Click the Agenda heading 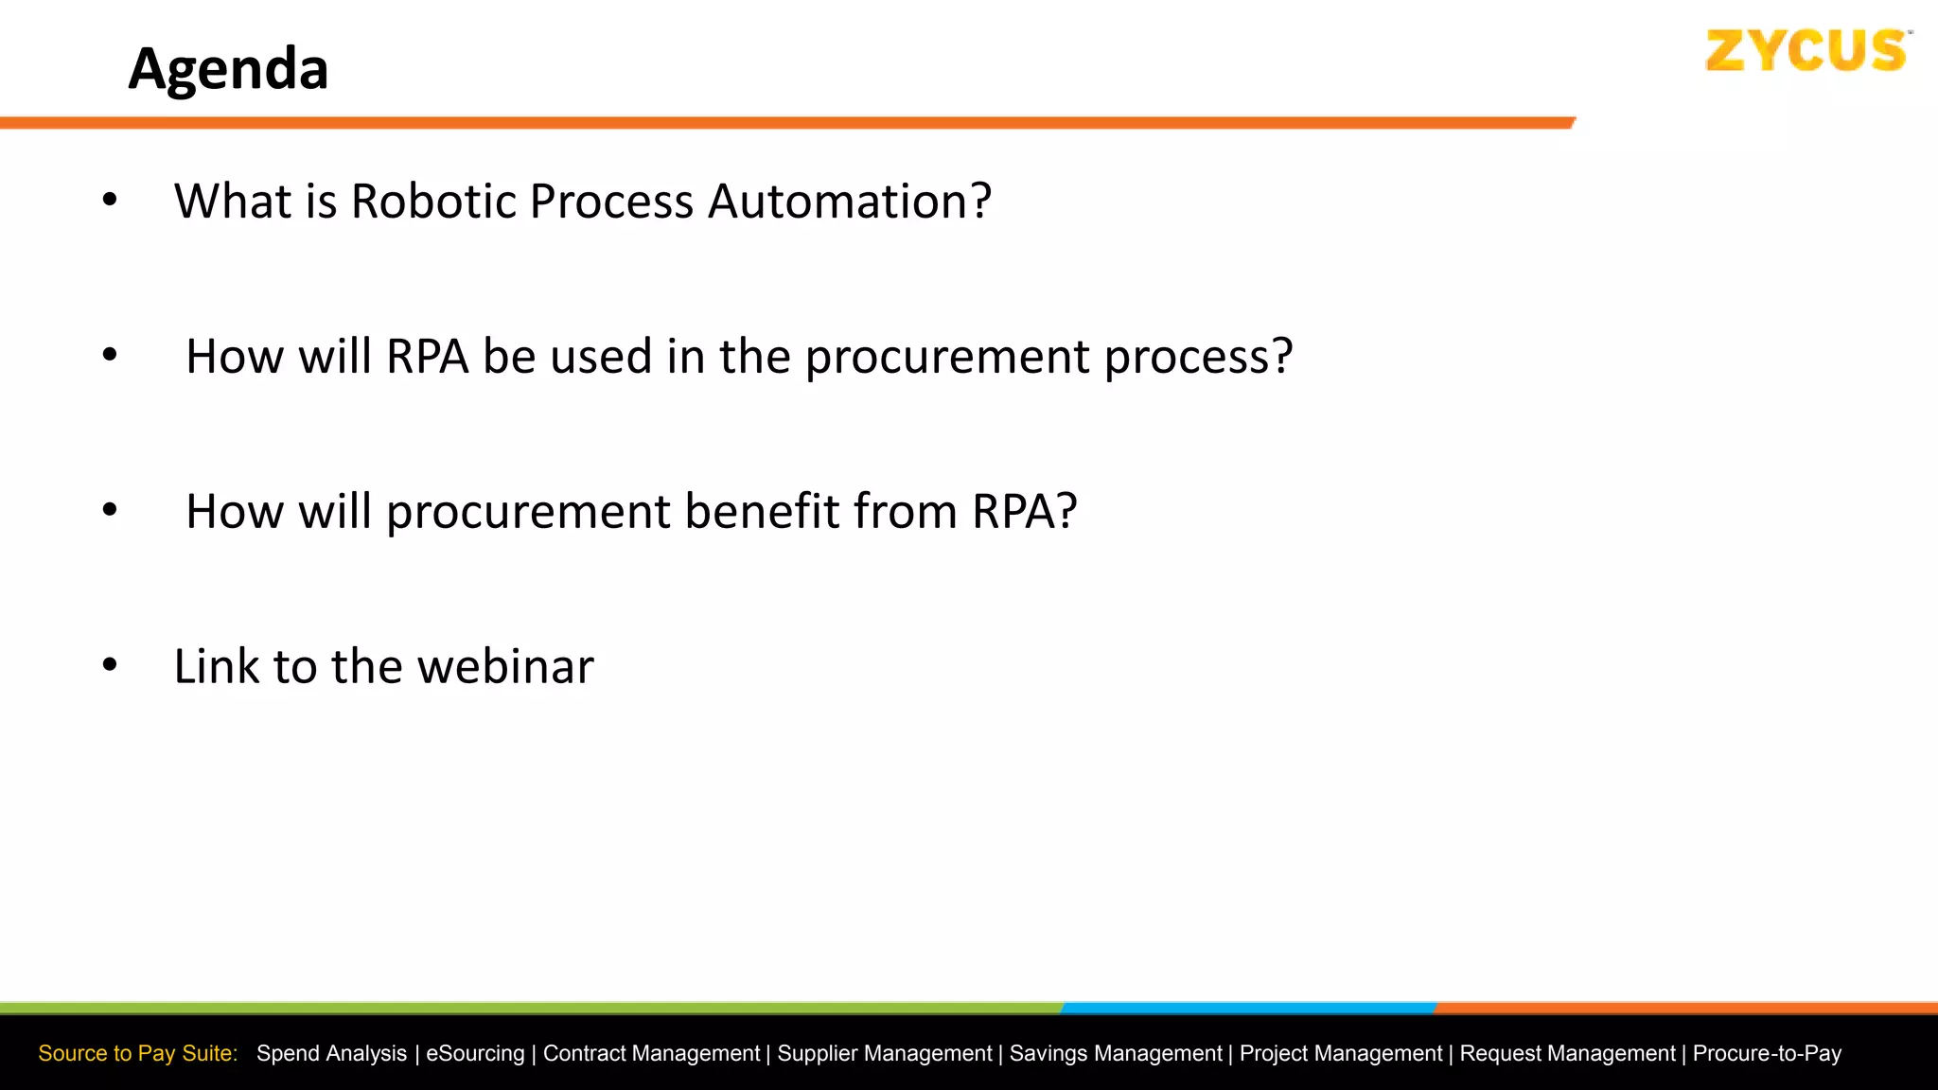tap(228, 69)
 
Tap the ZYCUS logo tap(1806, 51)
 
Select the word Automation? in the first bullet tap(849, 202)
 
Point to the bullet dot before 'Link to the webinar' tap(110, 665)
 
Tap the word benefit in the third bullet tap(762, 512)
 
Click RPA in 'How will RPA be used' tap(427, 357)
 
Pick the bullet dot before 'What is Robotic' tap(110, 200)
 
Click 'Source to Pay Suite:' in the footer tap(138, 1053)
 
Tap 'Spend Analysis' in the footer tap(331, 1053)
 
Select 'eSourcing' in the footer tap(475, 1053)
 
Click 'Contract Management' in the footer tap(651, 1053)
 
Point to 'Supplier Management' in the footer tap(885, 1053)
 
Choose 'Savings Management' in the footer tap(1116, 1053)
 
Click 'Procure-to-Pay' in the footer tap(1767, 1053)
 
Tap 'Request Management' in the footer tap(1567, 1053)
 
